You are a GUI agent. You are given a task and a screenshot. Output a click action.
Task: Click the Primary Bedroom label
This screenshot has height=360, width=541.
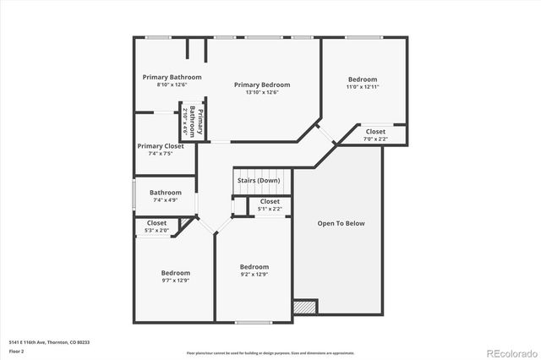tap(262, 85)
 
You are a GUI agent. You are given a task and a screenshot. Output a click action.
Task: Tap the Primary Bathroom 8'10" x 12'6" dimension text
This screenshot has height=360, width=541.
tap(172, 85)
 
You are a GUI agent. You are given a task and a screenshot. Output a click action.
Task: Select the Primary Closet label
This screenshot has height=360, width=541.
tap(161, 146)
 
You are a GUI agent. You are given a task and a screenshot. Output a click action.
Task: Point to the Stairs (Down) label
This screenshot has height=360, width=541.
tap(258, 181)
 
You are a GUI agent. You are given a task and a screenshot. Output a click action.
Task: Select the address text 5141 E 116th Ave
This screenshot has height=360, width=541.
tap(48, 342)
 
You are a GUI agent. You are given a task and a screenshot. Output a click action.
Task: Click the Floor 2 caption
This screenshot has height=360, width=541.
tap(16, 351)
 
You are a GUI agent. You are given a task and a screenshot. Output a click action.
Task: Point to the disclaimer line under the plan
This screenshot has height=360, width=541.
tap(270, 352)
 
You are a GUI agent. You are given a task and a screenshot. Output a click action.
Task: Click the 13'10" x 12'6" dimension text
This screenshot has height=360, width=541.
tap(262, 92)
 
